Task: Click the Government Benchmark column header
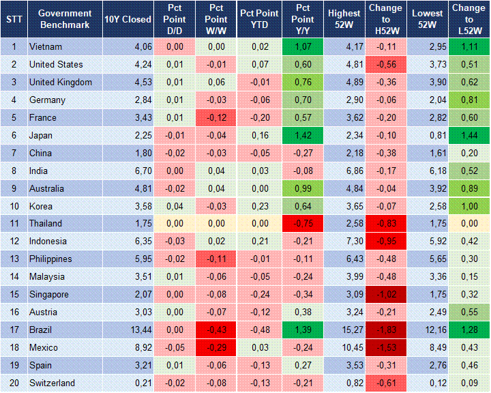click(x=65, y=19)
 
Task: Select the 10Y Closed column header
click(x=128, y=19)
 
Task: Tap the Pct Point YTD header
click(x=258, y=19)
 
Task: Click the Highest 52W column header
click(x=344, y=19)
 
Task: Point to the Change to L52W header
click(x=468, y=19)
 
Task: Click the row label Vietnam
click(x=46, y=46)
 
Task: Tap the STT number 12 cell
click(x=14, y=241)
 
